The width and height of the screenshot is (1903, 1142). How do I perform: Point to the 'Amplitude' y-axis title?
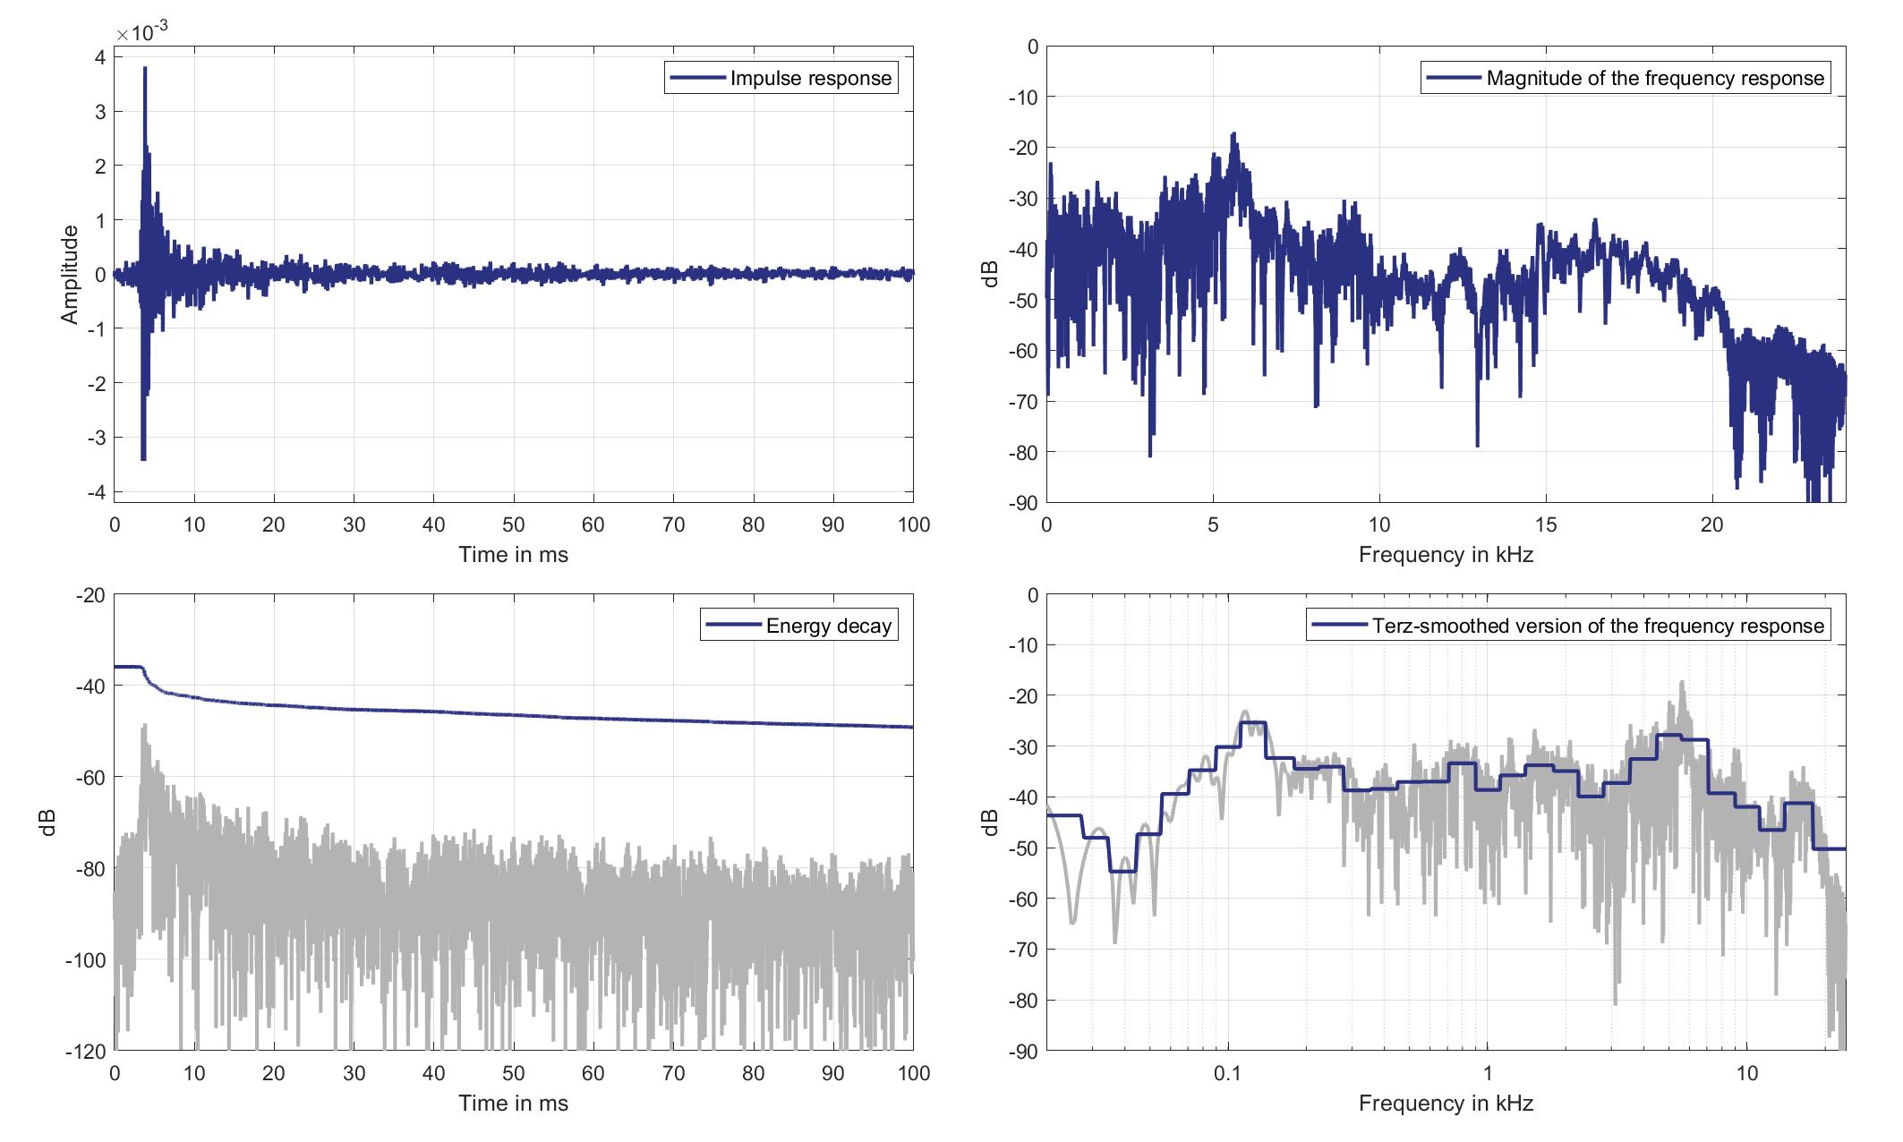[x=70, y=274]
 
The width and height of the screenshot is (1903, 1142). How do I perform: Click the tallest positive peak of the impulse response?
[x=145, y=68]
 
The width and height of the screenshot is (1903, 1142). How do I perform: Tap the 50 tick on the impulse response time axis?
[x=514, y=525]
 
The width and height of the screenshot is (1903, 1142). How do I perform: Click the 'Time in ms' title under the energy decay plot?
[x=513, y=1103]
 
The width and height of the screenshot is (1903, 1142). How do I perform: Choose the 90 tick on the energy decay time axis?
[x=833, y=1073]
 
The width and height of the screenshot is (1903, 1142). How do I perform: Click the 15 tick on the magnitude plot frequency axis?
[x=1546, y=525]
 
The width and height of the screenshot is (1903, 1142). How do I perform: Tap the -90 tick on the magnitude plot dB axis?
[x=1020, y=504]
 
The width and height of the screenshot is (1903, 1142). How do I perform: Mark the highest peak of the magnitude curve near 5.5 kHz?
[x=1233, y=134]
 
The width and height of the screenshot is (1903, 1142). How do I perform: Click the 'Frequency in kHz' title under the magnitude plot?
[x=1446, y=555]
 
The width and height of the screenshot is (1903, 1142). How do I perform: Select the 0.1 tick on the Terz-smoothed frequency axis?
[x=1227, y=1073]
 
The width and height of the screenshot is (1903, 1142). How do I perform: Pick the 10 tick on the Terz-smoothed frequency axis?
[x=1747, y=1073]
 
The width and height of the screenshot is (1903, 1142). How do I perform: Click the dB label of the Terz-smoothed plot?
[x=990, y=822]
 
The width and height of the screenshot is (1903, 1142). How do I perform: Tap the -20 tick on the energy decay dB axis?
[x=91, y=595]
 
